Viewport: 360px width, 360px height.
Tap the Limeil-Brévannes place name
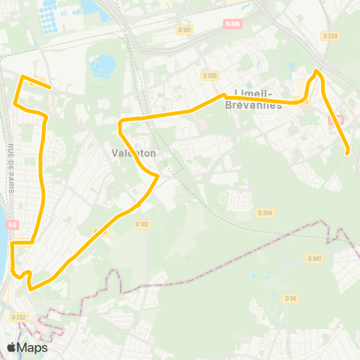[x=253, y=99]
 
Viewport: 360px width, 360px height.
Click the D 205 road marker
[x=209, y=75]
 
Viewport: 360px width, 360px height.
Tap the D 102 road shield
[x=142, y=223]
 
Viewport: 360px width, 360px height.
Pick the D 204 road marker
[x=263, y=212]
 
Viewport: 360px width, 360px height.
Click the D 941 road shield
[x=314, y=258]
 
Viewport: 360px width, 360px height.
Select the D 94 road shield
[x=290, y=298]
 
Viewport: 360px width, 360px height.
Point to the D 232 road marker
[x=18, y=317]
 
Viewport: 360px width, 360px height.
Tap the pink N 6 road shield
[x=13, y=225]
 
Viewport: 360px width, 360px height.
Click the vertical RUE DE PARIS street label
[x=11, y=169]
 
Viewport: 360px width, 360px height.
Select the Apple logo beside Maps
[x=12, y=347]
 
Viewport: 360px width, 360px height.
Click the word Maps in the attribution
[x=33, y=347]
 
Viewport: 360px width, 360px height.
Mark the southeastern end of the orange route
[x=349, y=153]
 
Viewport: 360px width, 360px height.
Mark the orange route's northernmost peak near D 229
[x=317, y=70]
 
